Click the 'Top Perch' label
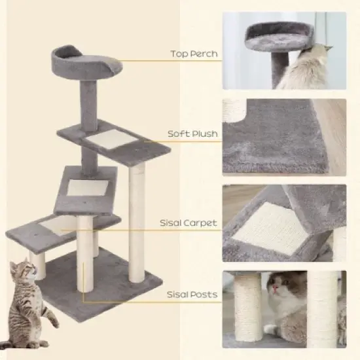click(x=194, y=54)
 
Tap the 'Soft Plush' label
click(x=192, y=134)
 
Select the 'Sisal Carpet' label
click(x=189, y=223)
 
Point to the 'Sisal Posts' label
click(x=192, y=295)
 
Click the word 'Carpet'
click(x=202, y=223)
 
